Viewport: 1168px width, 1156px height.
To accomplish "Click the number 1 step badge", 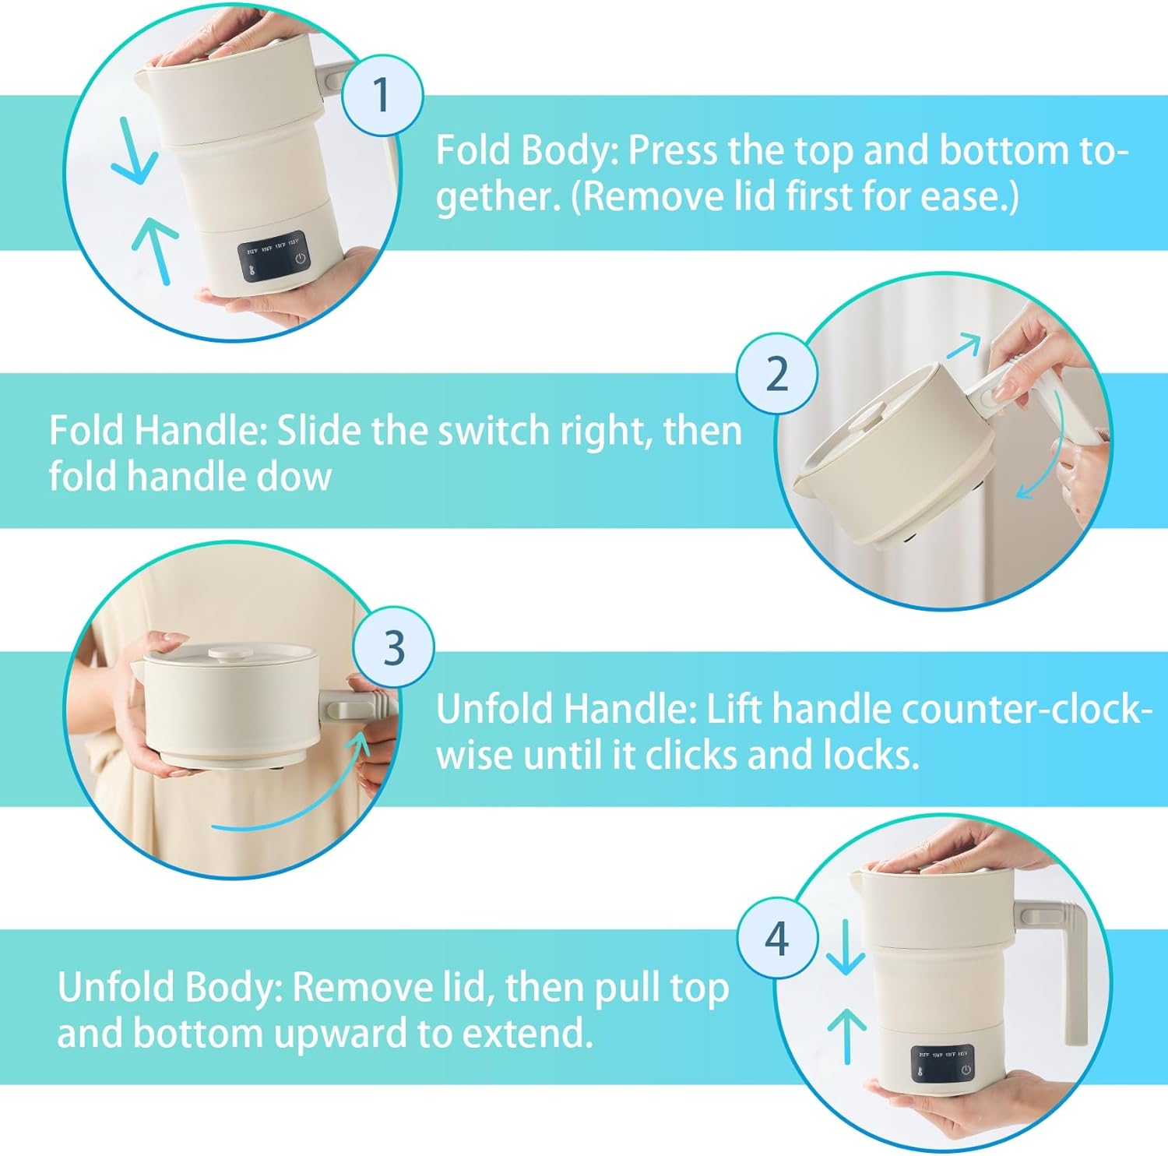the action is [382, 96].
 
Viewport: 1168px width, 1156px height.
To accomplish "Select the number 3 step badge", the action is [394, 647].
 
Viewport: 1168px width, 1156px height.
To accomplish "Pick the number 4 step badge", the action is [777, 939].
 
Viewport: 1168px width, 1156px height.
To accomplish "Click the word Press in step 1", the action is [673, 150].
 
